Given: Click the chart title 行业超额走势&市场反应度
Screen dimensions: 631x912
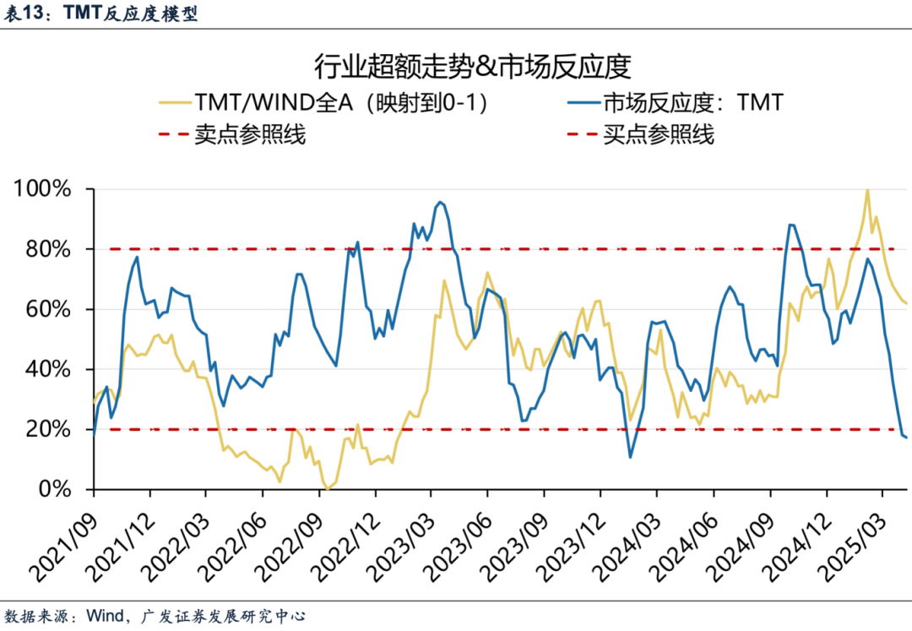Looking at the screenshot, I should [456, 65].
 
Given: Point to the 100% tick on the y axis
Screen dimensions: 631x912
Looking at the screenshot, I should [43, 189].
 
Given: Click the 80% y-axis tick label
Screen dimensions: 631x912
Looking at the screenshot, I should [48, 249].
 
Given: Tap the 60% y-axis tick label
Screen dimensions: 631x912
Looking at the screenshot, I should [48, 309].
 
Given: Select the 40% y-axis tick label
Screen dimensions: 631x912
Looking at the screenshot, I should [48, 369].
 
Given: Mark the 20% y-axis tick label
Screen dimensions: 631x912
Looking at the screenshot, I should [48, 429].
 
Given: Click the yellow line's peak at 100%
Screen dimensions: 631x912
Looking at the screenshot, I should [867, 190].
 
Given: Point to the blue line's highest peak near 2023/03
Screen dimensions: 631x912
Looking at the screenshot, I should [440, 202].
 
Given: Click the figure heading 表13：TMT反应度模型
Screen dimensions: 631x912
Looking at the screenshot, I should [101, 14].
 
